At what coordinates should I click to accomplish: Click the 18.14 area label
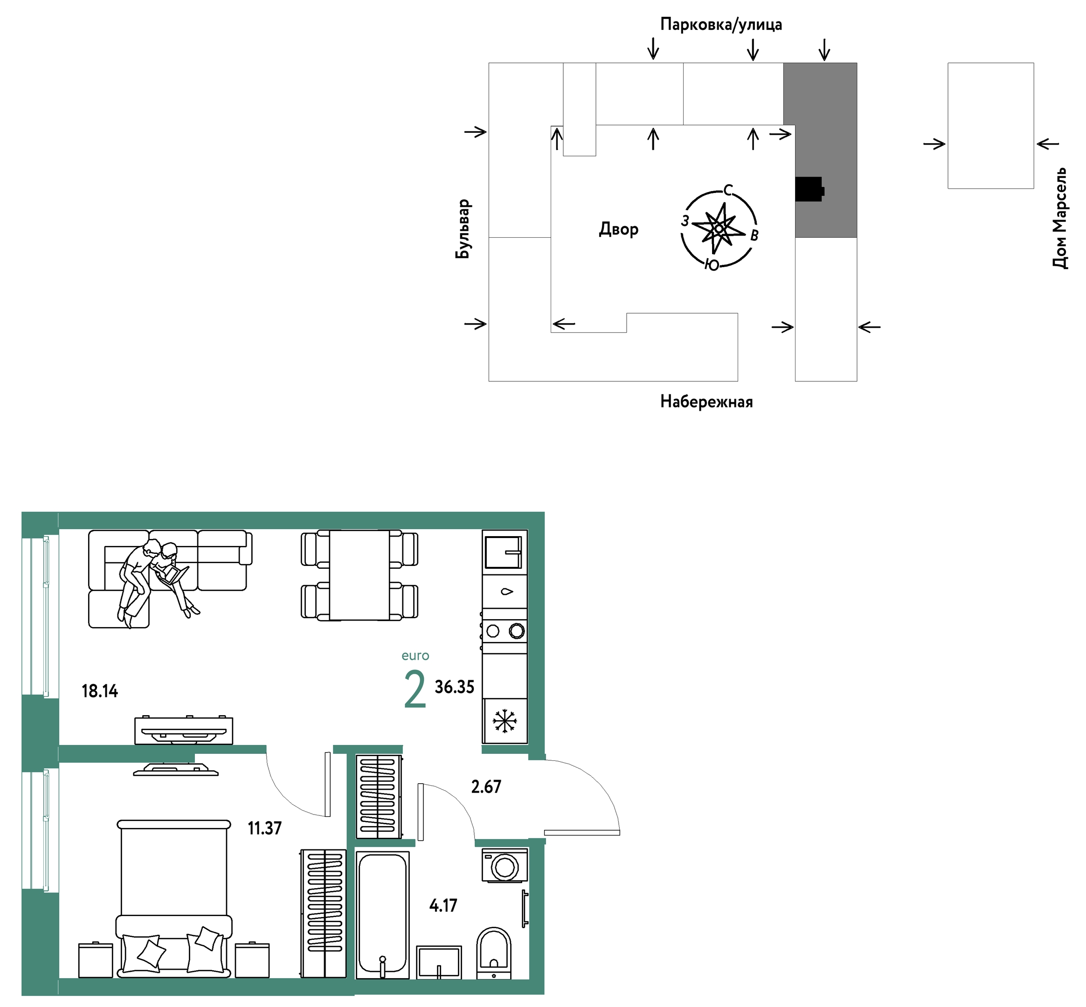click(x=100, y=691)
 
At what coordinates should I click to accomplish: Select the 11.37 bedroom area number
click(x=265, y=828)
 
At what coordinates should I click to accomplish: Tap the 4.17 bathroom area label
click(x=443, y=906)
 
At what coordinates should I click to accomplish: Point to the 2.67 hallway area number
click(x=486, y=787)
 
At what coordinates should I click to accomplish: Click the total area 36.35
click(x=455, y=687)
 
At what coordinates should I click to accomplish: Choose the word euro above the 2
click(x=415, y=656)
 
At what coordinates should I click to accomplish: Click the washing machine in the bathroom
click(x=505, y=865)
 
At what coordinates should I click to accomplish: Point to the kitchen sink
click(x=504, y=552)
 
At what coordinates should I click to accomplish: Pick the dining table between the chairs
click(x=359, y=575)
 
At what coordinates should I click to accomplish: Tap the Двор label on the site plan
click(x=618, y=229)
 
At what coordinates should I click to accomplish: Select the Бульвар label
click(x=463, y=229)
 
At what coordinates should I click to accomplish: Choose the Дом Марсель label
click(x=1059, y=218)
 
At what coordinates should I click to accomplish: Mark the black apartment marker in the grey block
click(x=809, y=189)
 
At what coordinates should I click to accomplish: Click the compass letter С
click(x=728, y=190)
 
